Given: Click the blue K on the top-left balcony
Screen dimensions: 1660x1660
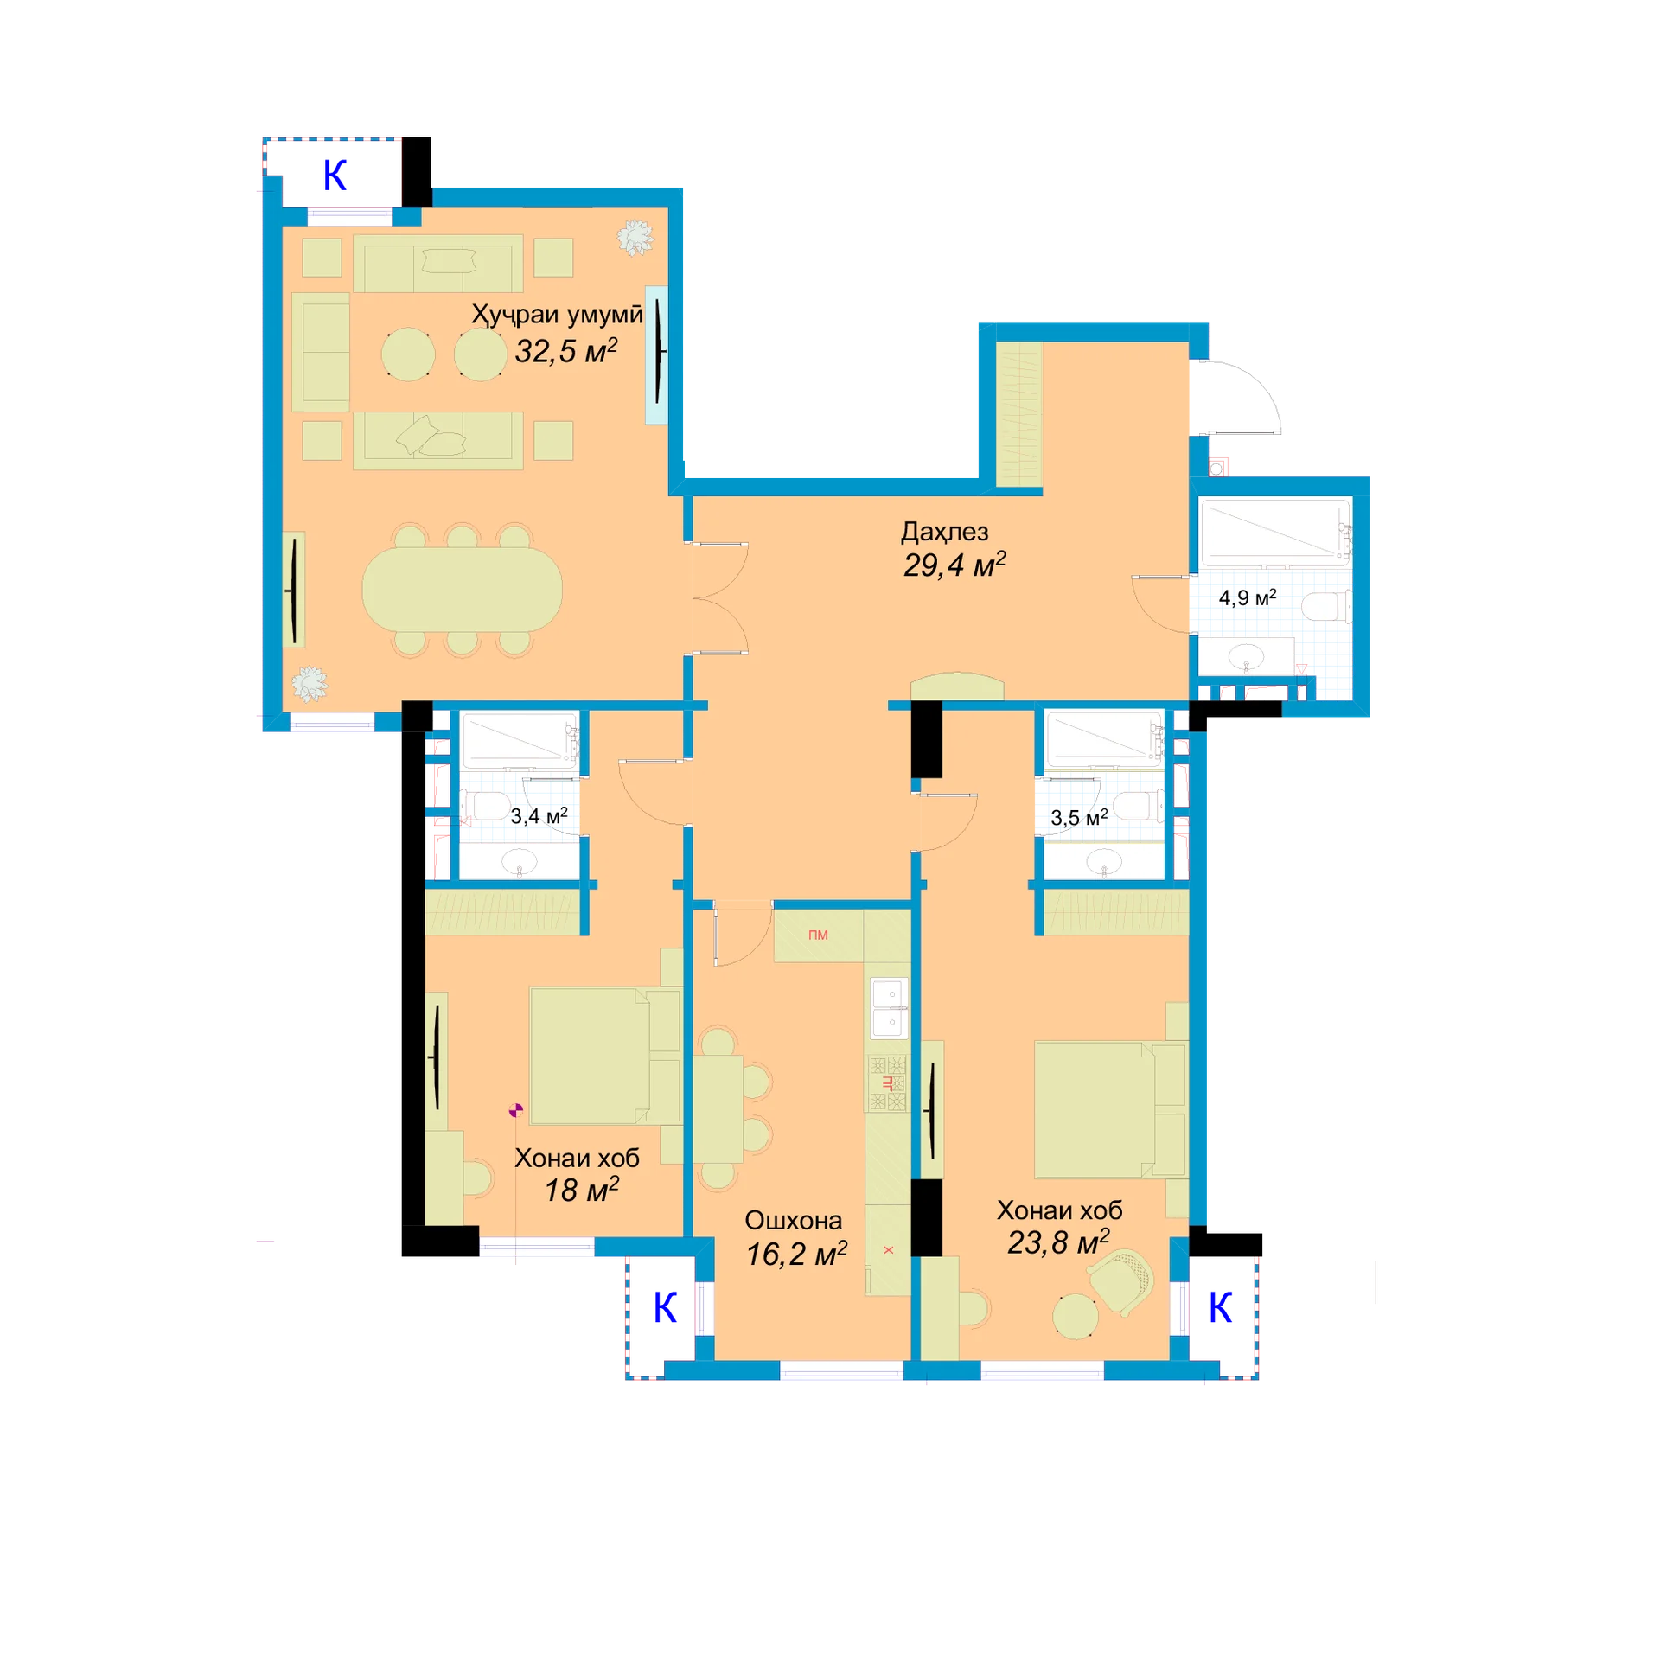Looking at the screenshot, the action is [x=335, y=176].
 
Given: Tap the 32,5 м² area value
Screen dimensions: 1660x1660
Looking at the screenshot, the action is [x=566, y=350].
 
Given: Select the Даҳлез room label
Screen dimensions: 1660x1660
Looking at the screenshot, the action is [x=944, y=532].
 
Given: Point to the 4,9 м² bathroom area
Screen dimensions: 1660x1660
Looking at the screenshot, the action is [x=1247, y=597].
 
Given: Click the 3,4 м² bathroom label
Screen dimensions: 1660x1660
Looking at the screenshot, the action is [x=539, y=815].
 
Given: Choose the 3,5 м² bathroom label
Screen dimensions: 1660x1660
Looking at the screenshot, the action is [x=1078, y=817].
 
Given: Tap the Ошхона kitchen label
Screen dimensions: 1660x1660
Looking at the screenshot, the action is [x=793, y=1220].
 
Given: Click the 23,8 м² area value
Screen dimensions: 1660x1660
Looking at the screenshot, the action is [x=1058, y=1242].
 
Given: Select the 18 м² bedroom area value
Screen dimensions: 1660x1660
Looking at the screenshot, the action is [x=581, y=1191].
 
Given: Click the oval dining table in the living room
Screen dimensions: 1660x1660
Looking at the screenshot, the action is [x=462, y=590].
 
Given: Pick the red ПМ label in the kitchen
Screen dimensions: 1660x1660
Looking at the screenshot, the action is [x=818, y=935].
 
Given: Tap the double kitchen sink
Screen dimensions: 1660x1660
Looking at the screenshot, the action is [x=889, y=1008].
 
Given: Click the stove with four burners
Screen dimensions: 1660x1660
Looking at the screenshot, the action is [x=888, y=1083].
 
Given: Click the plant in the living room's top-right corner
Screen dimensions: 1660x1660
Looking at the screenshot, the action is [x=635, y=238].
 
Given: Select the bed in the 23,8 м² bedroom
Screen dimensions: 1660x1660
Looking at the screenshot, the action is [x=1110, y=1110].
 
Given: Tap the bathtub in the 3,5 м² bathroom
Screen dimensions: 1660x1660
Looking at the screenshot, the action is [x=1105, y=739].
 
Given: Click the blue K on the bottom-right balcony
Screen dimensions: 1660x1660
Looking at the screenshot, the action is [x=1220, y=1308].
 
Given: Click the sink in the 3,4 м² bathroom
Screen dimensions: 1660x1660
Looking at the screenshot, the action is [x=520, y=861].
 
